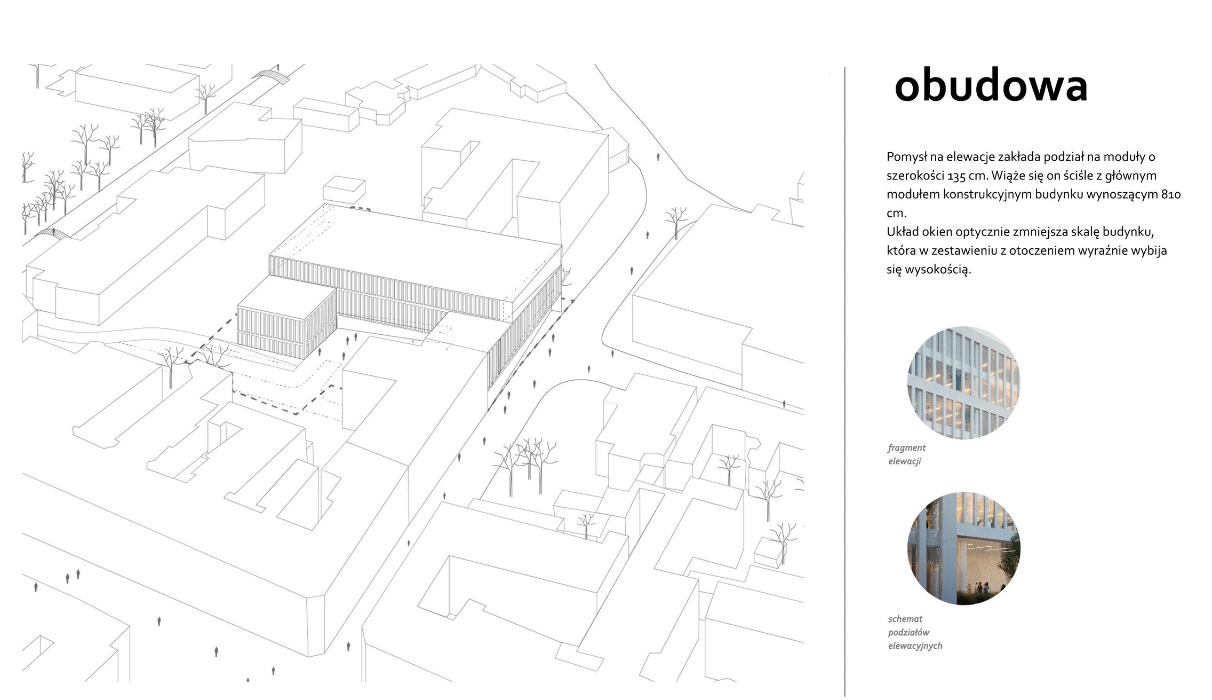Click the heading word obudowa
click(x=991, y=86)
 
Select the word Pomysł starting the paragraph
click(x=906, y=158)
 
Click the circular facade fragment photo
click(x=963, y=383)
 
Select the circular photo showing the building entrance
click(x=963, y=548)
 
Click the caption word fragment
click(x=907, y=448)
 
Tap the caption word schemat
click(x=905, y=619)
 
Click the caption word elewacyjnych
click(x=915, y=646)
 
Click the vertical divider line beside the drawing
click(x=845, y=382)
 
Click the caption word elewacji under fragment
click(x=905, y=461)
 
